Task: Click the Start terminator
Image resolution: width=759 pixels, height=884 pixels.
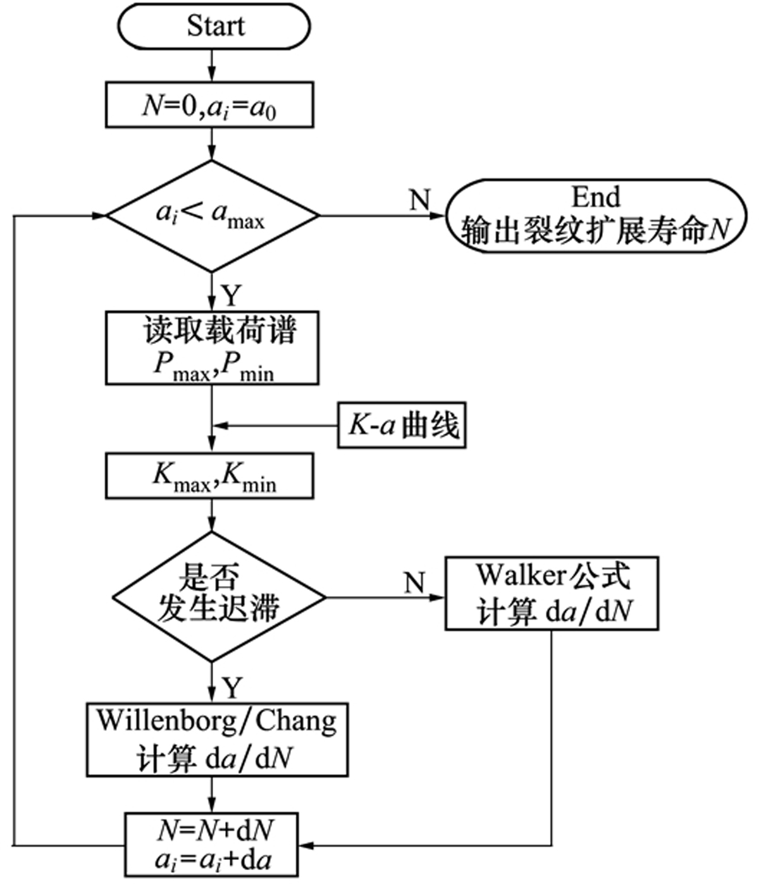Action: (214, 27)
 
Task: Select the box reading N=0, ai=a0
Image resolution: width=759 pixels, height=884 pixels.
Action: (209, 104)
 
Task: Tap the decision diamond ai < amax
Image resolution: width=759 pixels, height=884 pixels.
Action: (213, 216)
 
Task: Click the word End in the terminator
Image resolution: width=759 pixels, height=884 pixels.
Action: (596, 197)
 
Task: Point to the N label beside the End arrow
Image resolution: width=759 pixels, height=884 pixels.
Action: (419, 200)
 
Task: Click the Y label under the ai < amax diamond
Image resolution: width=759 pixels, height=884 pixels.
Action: (231, 295)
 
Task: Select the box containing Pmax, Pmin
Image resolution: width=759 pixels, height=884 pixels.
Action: (212, 348)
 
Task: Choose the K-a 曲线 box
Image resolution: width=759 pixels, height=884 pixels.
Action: (402, 425)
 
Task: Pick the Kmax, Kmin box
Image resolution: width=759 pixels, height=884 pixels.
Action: (209, 476)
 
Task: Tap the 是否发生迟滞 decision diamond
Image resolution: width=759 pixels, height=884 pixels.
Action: (219, 596)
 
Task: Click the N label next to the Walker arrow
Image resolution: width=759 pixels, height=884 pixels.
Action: (414, 582)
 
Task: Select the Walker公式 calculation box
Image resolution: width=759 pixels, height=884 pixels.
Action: (552, 593)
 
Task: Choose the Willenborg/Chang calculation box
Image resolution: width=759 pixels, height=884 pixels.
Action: (217, 739)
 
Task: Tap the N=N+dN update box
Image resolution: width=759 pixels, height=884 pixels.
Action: (213, 844)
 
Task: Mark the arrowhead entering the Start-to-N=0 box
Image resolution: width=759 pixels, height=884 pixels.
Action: (212, 75)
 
